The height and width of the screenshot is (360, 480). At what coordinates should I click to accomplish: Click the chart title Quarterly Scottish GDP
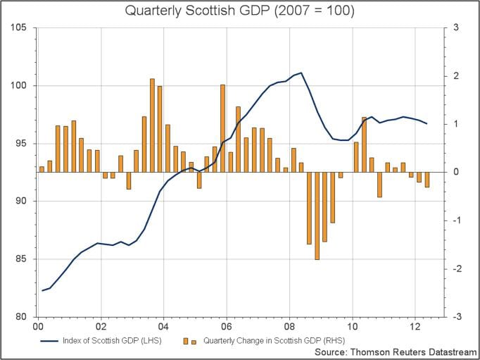click(x=239, y=11)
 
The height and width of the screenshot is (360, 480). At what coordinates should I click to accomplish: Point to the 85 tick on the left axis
click(x=20, y=259)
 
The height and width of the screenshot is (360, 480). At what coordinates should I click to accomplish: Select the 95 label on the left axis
click(x=20, y=143)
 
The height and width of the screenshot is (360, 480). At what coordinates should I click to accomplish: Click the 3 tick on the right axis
click(x=457, y=27)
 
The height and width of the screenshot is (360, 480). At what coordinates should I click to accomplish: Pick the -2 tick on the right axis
click(x=457, y=268)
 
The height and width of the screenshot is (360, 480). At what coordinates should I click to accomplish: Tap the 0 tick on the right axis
click(x=457, y=172)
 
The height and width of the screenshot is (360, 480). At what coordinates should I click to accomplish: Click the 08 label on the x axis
click(x=289, y=327)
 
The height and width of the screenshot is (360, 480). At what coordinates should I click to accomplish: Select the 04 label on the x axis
click(x=163, y=327)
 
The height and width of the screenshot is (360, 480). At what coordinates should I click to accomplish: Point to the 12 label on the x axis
click(x=415, y=327)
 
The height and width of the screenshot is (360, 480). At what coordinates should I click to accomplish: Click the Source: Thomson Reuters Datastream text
click(x=393, y=352)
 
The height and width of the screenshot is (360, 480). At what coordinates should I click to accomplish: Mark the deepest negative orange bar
click(x=317, y=216)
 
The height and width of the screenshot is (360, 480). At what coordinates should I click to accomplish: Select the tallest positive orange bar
click(x=152, y=125)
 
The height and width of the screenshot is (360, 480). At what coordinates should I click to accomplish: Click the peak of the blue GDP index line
click(x=301, y=73)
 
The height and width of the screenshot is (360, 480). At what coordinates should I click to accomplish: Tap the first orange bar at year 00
click(x=42, y=169)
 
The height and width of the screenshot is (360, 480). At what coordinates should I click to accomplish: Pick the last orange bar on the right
click(x=427, y=180)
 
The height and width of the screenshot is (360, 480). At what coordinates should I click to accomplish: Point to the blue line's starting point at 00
click(x=42, y=290)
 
